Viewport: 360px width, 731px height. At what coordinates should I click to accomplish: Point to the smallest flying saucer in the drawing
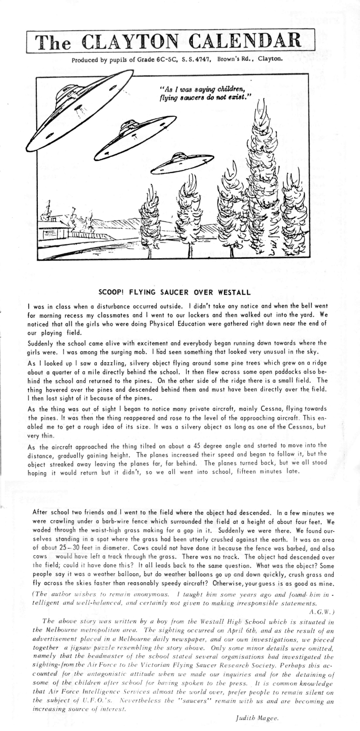click(176, 164)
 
